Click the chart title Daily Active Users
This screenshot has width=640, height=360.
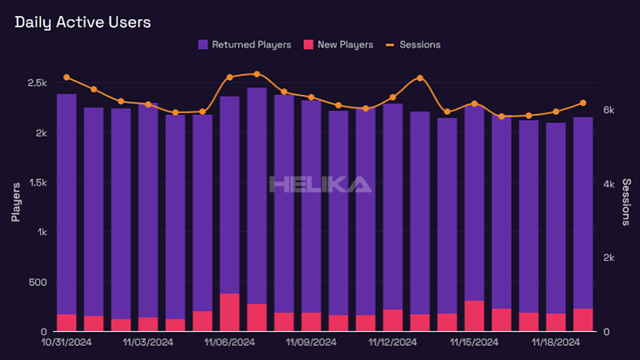point(82,22)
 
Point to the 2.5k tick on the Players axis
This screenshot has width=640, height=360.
point(36,83)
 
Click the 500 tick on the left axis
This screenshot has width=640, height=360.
point(39,282)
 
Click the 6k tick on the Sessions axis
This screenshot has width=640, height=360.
point(608,110)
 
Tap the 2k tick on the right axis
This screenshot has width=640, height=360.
point(608,258)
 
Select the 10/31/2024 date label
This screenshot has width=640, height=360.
point(66,342)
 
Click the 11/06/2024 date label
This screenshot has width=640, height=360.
point(229,342)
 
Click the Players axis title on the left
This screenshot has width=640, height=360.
point(16,203)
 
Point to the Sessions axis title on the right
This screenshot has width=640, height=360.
point(626,203)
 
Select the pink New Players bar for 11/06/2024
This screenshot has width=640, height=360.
point(229,312)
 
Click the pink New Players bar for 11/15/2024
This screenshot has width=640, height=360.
point(474,316)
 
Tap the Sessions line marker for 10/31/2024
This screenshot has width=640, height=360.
point(67,77)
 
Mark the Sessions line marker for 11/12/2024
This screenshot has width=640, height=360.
point(420,77)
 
